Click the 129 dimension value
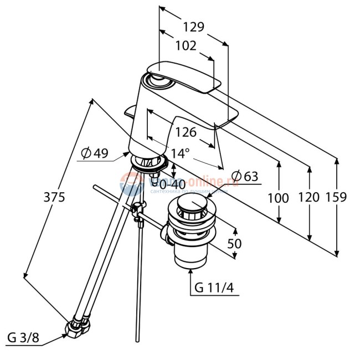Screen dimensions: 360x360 193,27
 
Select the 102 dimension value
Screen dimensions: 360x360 185,46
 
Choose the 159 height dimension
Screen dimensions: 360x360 336,197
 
